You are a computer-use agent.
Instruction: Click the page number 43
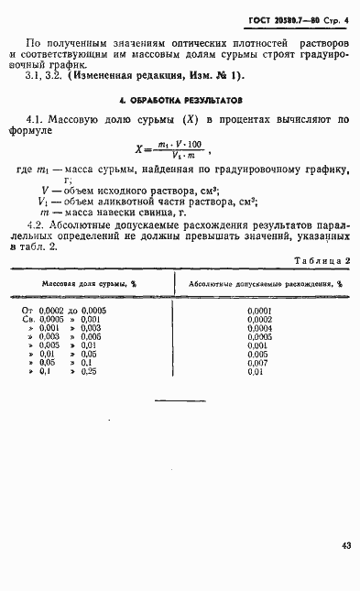(345, 546)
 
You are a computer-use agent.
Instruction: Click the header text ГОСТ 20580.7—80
(287, 20)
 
